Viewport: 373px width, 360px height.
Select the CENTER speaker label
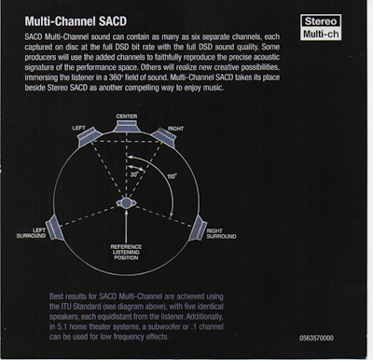(x=128, y=116)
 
